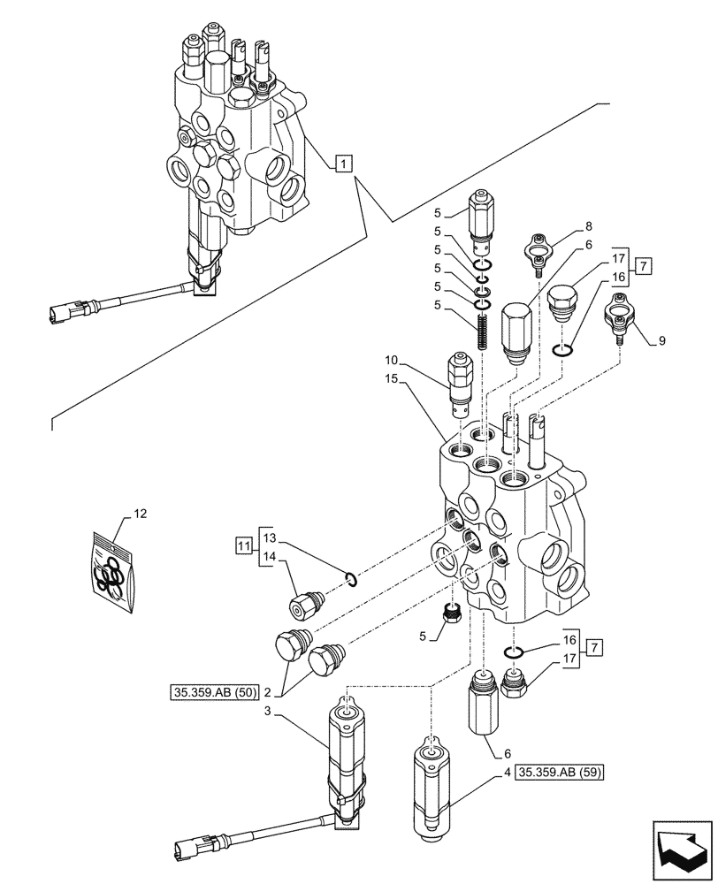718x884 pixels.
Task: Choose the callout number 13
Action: click(x=270, y=537)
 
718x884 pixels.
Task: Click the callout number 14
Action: click(x=270, y=556)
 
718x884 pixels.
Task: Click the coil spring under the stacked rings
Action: click(x=483, y=334)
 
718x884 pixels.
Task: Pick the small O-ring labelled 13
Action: click(x=350, y=579)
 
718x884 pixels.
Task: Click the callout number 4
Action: click(x=507, y=771)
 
